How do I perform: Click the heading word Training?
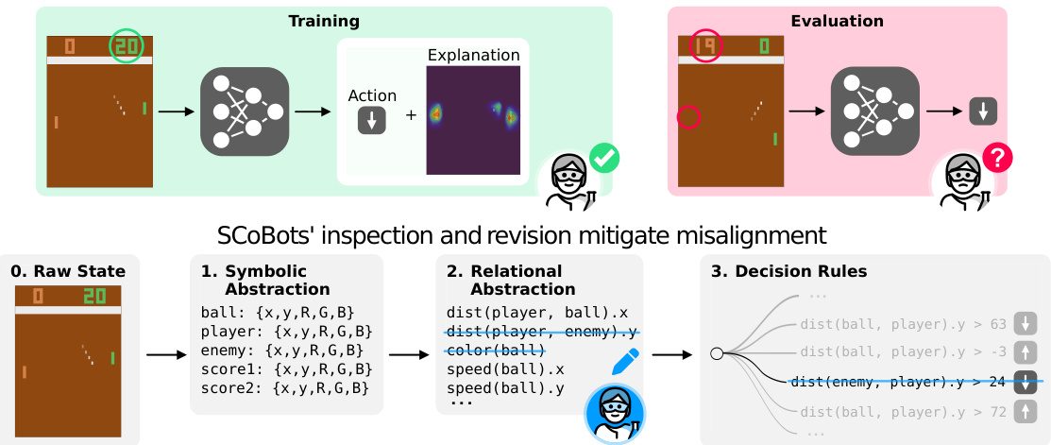pos(324,20)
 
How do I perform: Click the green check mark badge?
pos(603,158)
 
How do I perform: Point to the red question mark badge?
pos(996,158)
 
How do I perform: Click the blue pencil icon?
pos(625,361)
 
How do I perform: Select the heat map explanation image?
pos(473,120)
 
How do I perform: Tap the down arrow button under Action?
pos(371,121)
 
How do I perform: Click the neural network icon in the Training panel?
pos(244,112)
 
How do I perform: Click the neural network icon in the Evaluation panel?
pos(874,112)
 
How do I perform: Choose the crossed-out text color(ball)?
pos(496,351)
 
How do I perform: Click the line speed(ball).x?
pos(505,368)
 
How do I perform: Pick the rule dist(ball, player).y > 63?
pos(902,324)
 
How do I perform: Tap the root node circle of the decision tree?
pos(717,353)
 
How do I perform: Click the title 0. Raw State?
pos(68,271)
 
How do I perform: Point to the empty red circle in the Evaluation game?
pos(689,117)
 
